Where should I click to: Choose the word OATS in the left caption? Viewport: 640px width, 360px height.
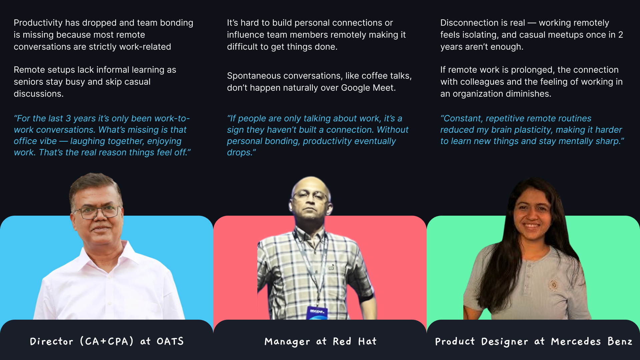tap(170, 341)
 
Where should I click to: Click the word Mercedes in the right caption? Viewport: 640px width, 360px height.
tap(576, 341)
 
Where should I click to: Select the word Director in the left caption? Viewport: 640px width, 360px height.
tap(52, 341)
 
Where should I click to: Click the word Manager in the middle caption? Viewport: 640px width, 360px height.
tap(287, 342)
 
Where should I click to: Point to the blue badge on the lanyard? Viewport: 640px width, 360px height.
tap(317, 313)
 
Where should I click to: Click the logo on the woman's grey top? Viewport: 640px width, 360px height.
tap(554, 285)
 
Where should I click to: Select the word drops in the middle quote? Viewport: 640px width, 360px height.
tap(240, 153)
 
